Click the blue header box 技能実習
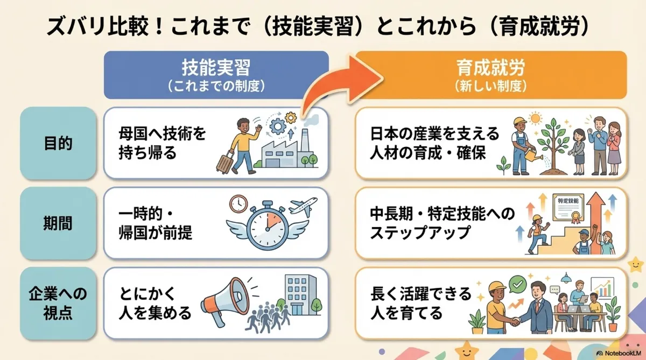click(x=216, y=75)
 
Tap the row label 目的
click(x=58, y=144)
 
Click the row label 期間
click(x=58, y=223)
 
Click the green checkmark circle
click(x=518, y=283)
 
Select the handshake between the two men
click(x=516, y=321)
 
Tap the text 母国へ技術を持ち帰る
click(x=162, y=143)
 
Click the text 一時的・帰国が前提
click(x=156, y=223)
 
